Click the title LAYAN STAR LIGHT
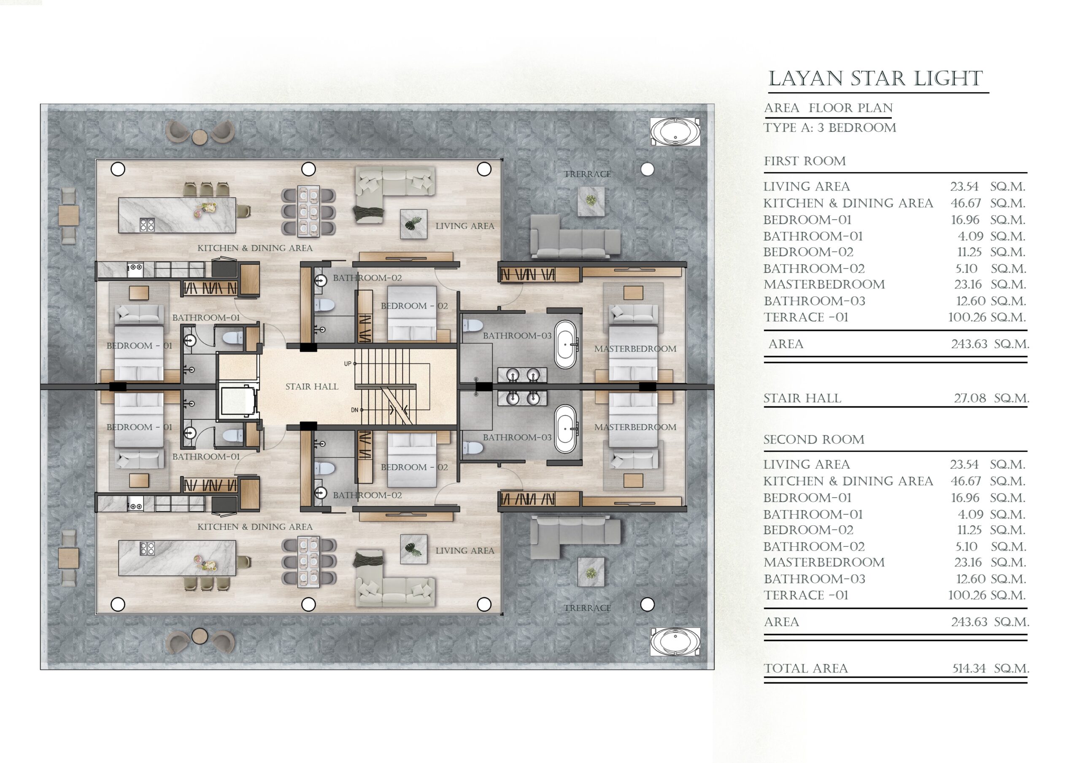(875, 78)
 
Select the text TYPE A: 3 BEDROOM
(830, 128)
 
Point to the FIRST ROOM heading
(805, 161)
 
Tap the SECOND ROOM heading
(814, 440)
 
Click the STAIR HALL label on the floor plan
(312, 387)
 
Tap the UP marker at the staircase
(348, 363)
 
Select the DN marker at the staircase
(355, 410)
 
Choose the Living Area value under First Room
(964, 187)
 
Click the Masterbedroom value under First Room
(968, 285)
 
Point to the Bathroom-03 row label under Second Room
(814, 579)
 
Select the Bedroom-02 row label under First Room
(808, 252)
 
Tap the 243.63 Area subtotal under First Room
(969, 344)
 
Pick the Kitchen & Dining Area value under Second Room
(966, 481)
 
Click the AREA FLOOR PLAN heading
(828, 108)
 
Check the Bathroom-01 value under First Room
(970, 236)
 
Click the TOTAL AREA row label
(806, 668)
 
